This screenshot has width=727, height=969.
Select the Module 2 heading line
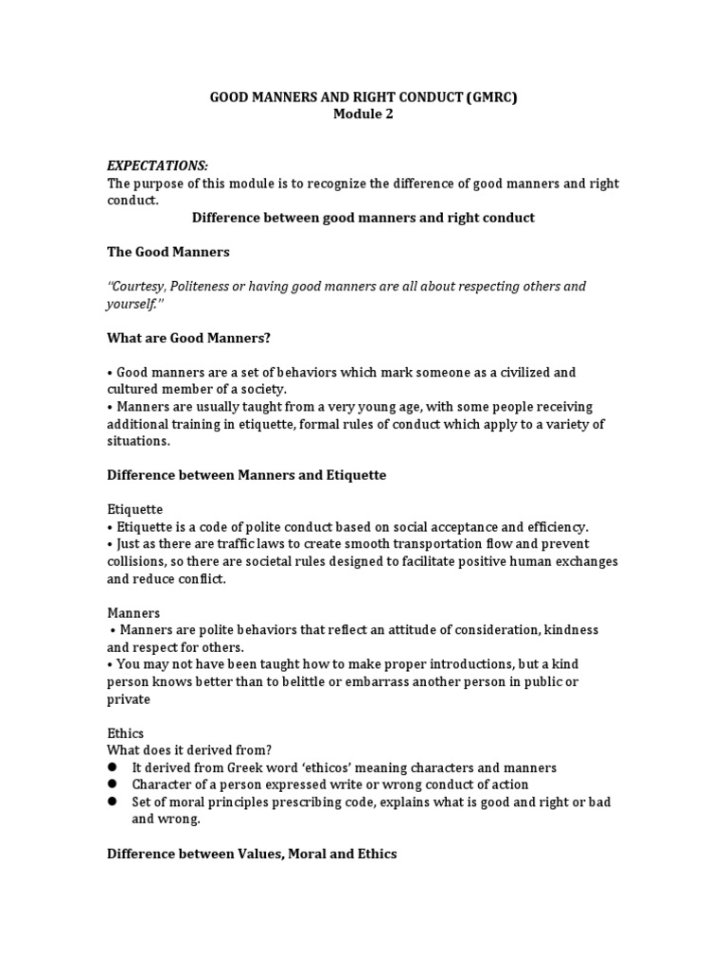click(x=363, y=115)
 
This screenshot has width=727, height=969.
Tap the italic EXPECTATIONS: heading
click(x=157, y=166)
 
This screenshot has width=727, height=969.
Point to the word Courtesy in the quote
click(x=141, y=286)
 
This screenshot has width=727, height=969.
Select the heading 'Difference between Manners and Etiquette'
click(x=246, y=475)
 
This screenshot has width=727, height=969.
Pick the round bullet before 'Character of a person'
click(x=112, y=784)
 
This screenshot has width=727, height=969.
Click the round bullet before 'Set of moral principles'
click(x=112, y=802)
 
